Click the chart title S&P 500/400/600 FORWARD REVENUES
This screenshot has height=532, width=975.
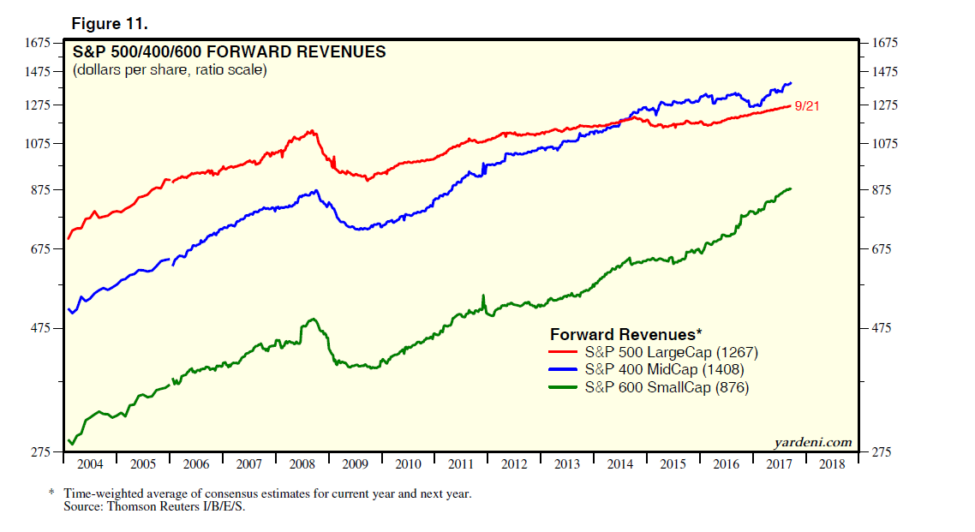pyautogui.click(x=230, y=52)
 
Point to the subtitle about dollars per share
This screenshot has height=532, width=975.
pyautogui.click(x=170, y=70)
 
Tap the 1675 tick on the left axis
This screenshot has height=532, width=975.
pyautogui.click(x=39, y=42)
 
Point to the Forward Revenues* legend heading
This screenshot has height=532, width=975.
pyautogui.click(x=626, y=334)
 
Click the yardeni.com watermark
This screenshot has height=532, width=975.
pyautogui.click(x=812, y=442)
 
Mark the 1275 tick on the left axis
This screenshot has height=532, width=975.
pyautogui.click(x=39, y=105)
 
